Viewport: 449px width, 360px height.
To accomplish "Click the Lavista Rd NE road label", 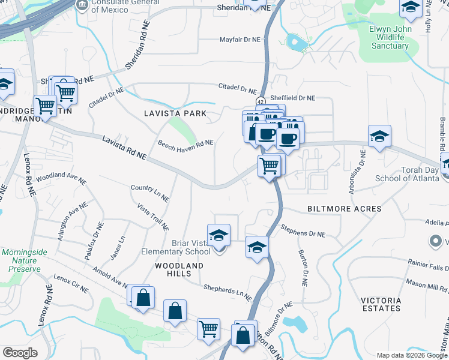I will (124, 147).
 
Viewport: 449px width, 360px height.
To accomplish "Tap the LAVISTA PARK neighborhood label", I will (175, 113).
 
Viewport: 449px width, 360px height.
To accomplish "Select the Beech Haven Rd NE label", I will (185, 144).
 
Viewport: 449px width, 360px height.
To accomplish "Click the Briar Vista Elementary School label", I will (175, 247).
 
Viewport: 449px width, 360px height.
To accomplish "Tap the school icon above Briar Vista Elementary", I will (219, 234).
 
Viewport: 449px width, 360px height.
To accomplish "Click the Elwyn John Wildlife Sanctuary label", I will (390, 37).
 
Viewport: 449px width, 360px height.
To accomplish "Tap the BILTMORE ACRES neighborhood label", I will (345, 209).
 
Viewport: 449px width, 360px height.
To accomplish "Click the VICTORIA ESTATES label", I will (381, 304).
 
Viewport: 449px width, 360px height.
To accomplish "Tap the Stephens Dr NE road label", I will (304, 230).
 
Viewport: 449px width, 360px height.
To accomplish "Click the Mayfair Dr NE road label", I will (239, 40).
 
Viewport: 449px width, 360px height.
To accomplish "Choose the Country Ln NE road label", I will (150, 193).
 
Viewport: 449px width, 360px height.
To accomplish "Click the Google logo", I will (20, 353).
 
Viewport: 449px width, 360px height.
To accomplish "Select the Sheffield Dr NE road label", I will (293, 98).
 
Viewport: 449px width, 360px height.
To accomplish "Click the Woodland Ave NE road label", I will (61, 178).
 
